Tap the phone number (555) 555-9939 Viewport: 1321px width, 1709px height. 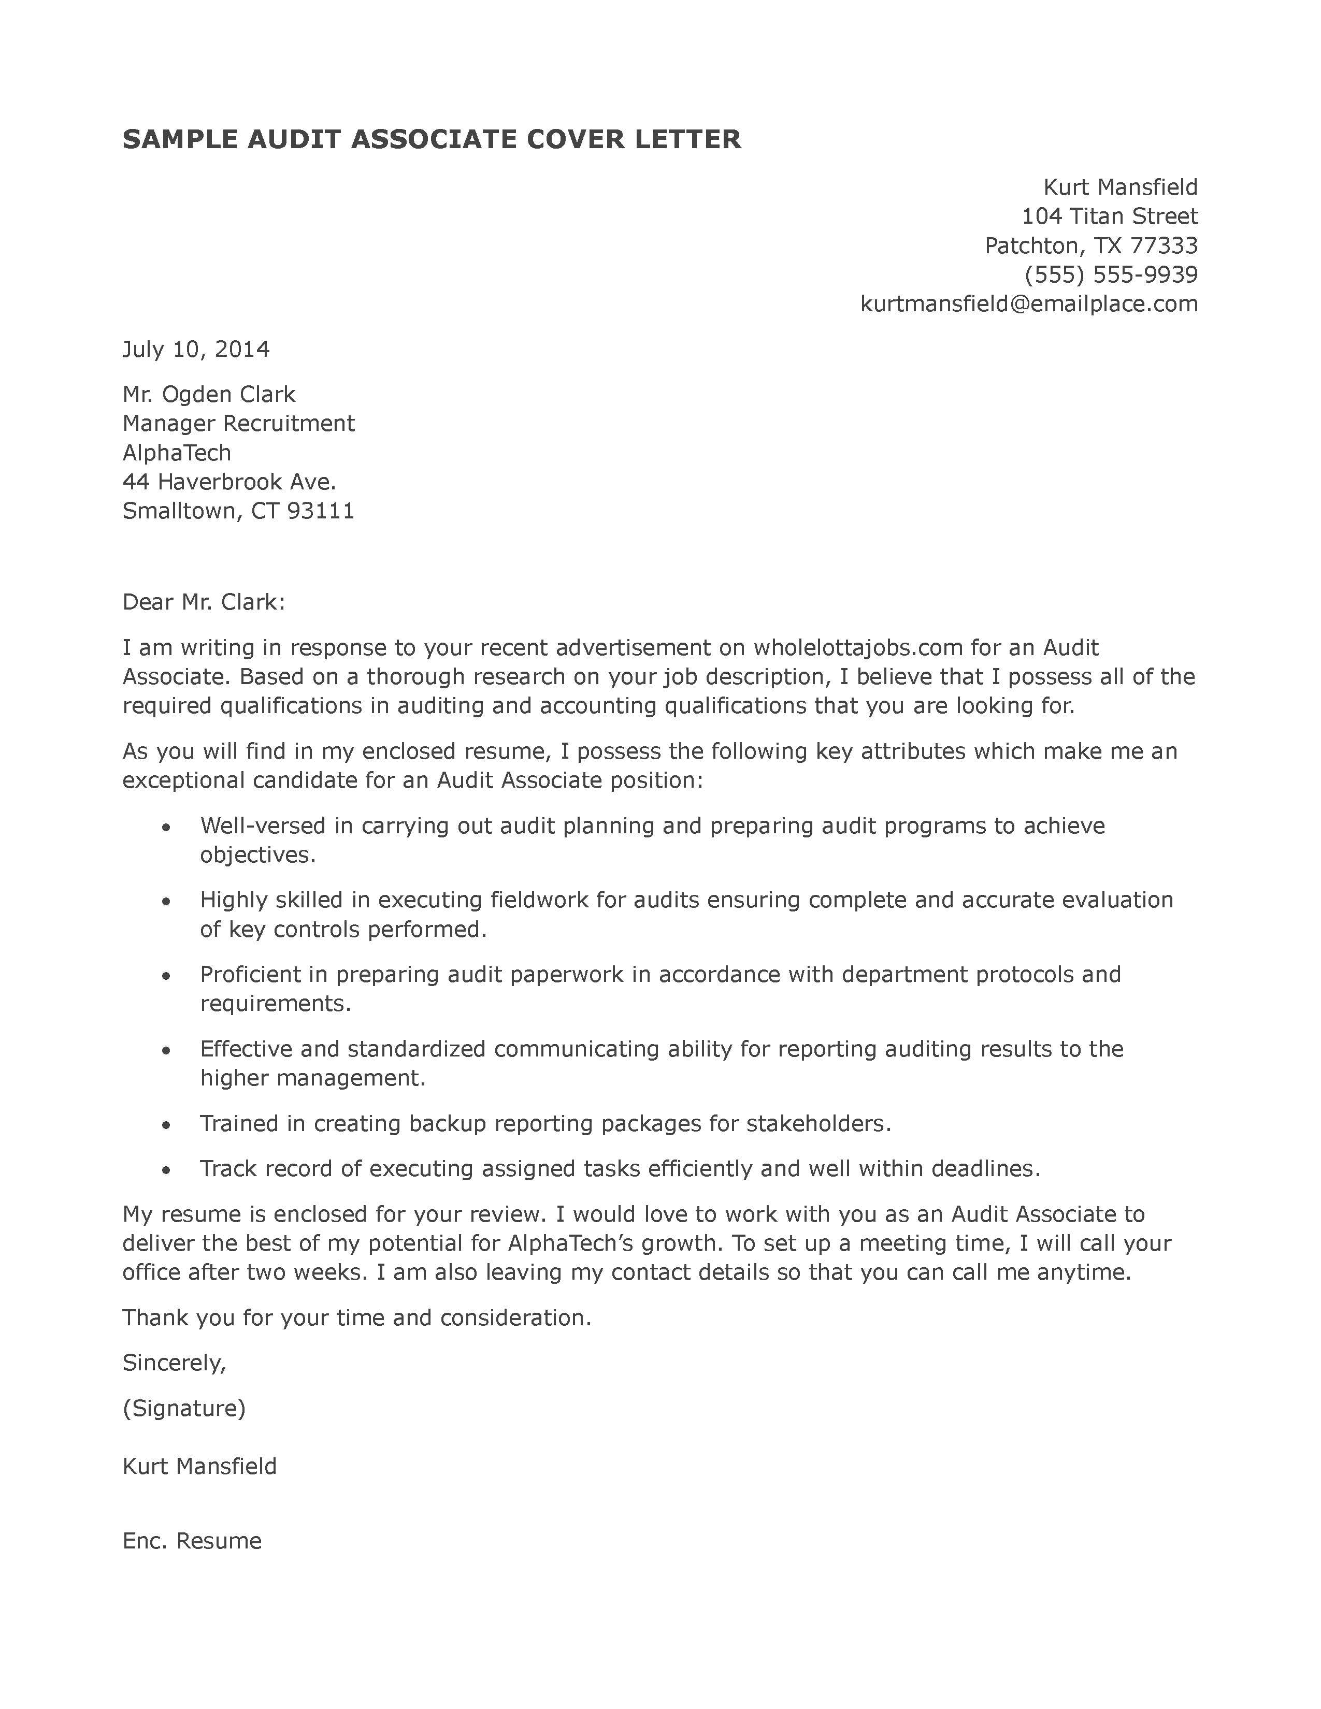pyautogui.click(x=1111, y=274)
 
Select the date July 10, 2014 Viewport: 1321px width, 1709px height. pyautogui.click(x=196, y=349)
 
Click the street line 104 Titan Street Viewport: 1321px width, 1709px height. pyautogui.click(x=1109, y=216)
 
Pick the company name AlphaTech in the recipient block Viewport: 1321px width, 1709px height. pyautogui.click(x=177, y=452)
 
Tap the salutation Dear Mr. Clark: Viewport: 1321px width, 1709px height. pyautogui.click(x=204, y=602)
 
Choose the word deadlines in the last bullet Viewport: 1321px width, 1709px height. pyautogui.click(x=985, y=1168)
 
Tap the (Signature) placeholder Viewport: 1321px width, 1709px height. pyautogui.click(x=184, y=1409)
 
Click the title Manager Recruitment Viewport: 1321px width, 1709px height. pyautogui.click(x=239, y=423)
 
